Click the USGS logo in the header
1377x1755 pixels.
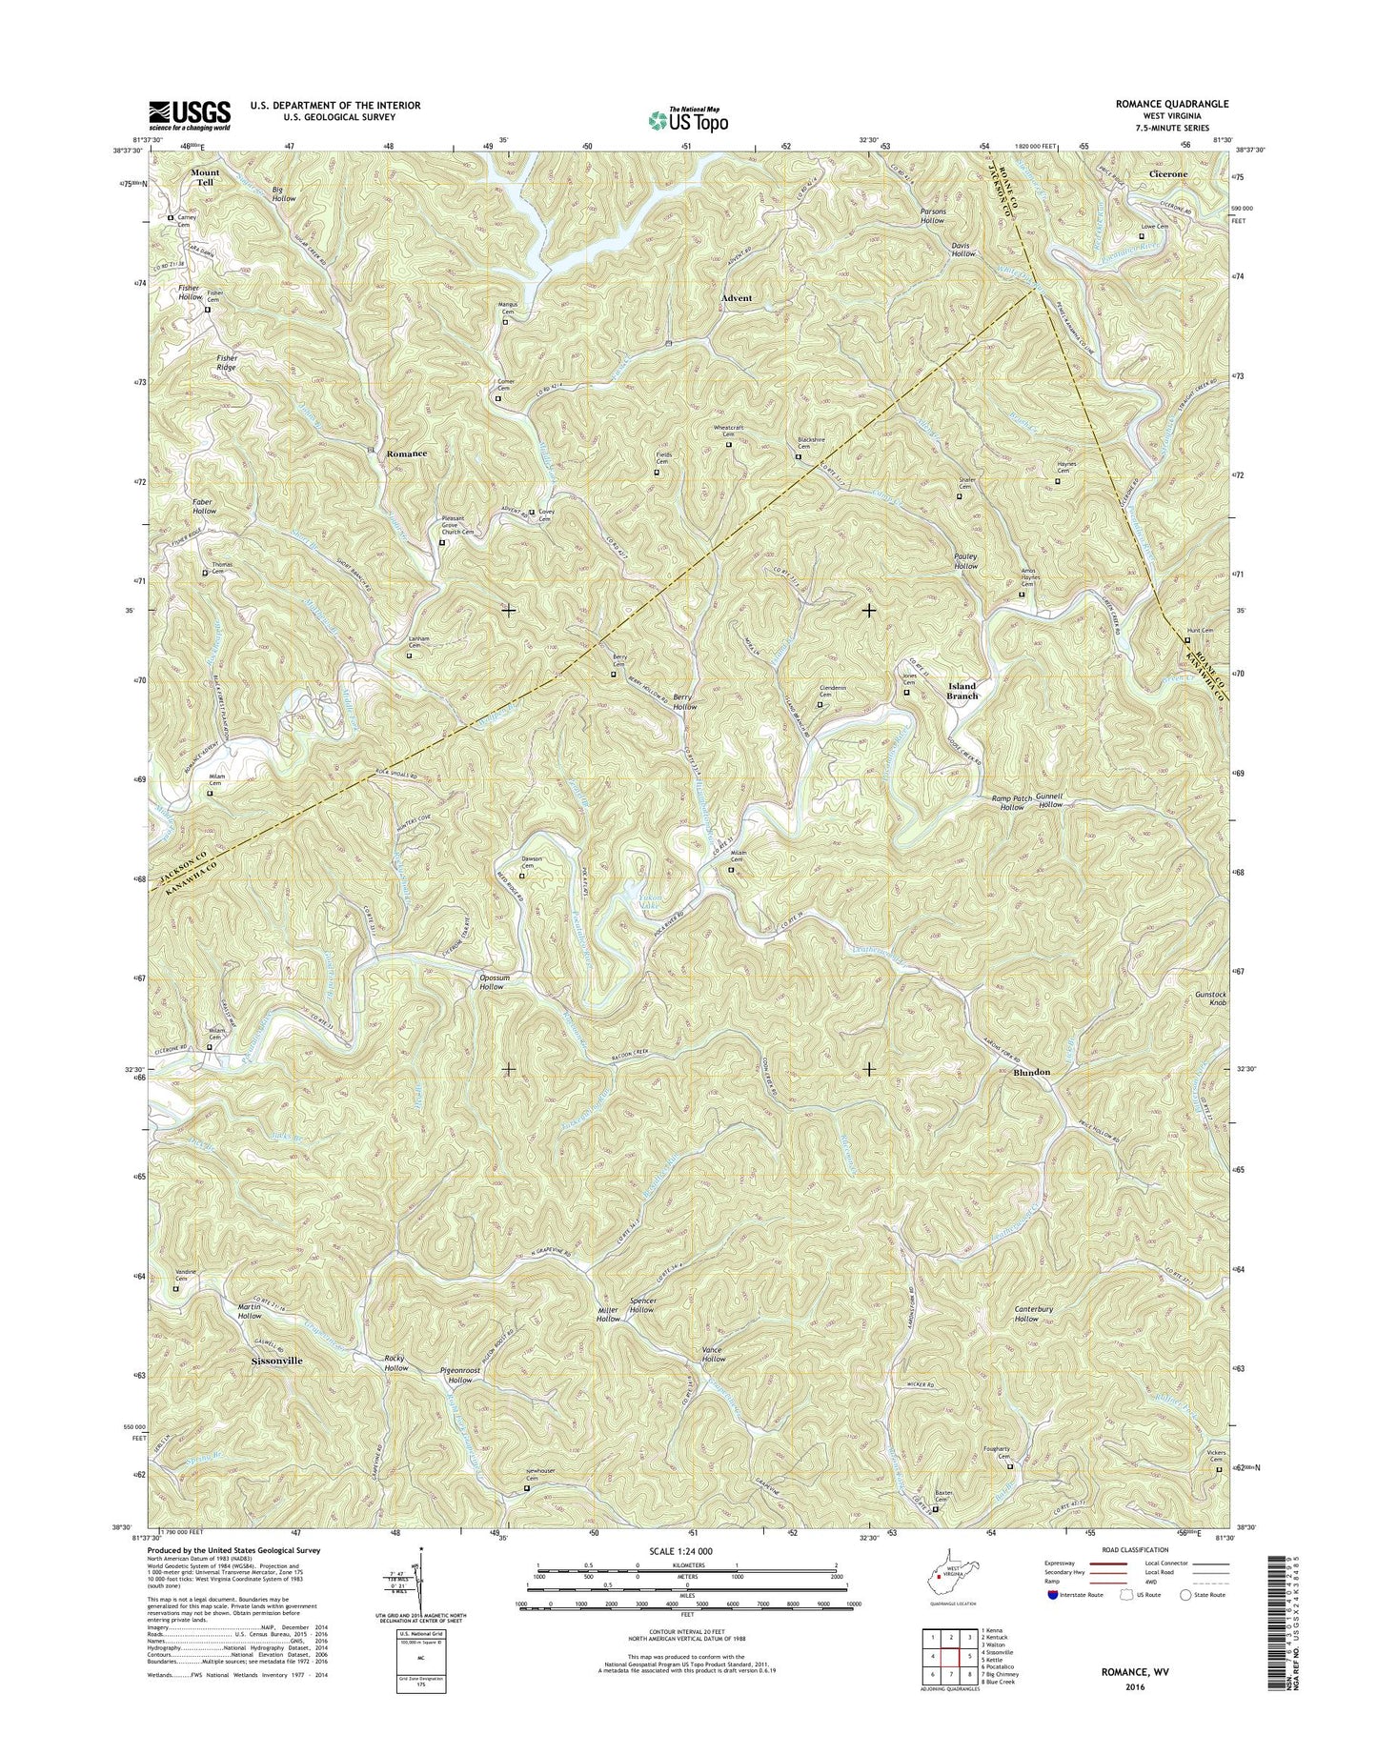tap(188, 115)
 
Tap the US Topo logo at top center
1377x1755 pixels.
tap(688, 119)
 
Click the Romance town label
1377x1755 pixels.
tap(406, 454)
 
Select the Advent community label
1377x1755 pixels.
tap(736, 298)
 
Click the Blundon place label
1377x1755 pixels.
tap(1031, 1072)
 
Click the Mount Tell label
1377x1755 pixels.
tap(205, 177)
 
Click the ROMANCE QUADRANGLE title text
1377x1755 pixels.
tap(1178, 103)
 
